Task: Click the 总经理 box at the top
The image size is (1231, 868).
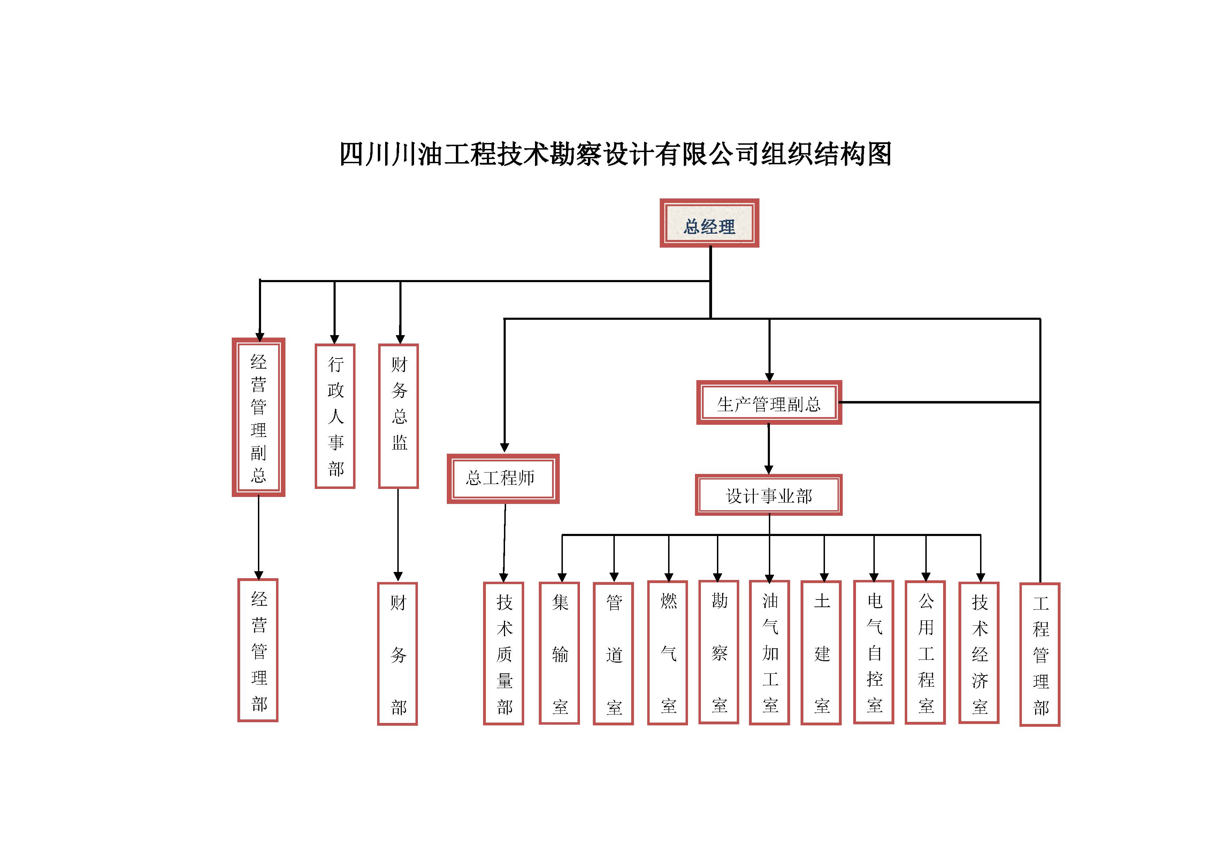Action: (709, 223)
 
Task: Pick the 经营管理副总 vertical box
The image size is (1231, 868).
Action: (258, 417)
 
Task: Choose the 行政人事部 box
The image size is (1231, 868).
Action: (335, 416)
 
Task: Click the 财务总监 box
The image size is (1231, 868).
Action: (398, 416)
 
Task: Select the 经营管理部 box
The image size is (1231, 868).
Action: (258, 650)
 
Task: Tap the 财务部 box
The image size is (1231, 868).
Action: (397, 654)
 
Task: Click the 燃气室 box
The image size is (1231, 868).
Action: (667, 652)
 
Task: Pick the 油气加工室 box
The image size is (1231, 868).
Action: (770, 652)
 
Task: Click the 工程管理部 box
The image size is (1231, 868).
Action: (1040, 655)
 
